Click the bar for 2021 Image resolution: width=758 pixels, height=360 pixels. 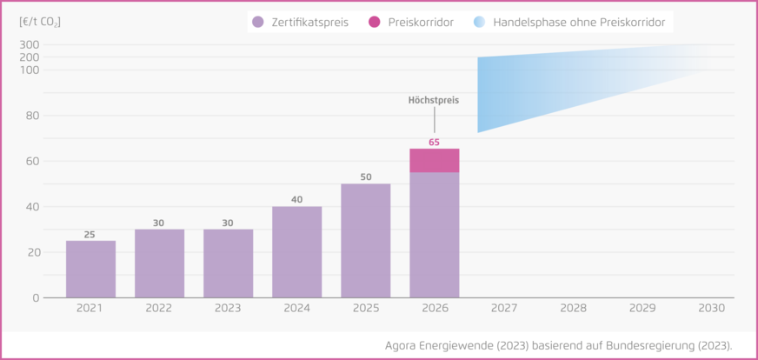[90, 269]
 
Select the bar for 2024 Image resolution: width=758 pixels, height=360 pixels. [296, 252]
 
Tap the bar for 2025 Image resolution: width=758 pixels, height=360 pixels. [365, 241]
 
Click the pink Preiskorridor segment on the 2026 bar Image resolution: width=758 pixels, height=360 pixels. [434, 161]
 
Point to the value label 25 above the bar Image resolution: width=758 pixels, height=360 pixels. [90, 234]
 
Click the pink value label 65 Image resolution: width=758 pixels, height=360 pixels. [434, 142]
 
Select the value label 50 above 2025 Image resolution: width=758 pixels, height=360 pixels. [365, 177]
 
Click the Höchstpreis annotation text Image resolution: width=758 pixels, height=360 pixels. [433, 101]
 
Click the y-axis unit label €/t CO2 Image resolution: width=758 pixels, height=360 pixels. [40, 21]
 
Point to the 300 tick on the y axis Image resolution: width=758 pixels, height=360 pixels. [29, 45]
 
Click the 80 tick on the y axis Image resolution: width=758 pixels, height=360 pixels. [31, 116]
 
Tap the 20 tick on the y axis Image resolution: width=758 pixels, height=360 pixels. [31, 252]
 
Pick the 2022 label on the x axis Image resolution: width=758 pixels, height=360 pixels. [159, 309]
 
